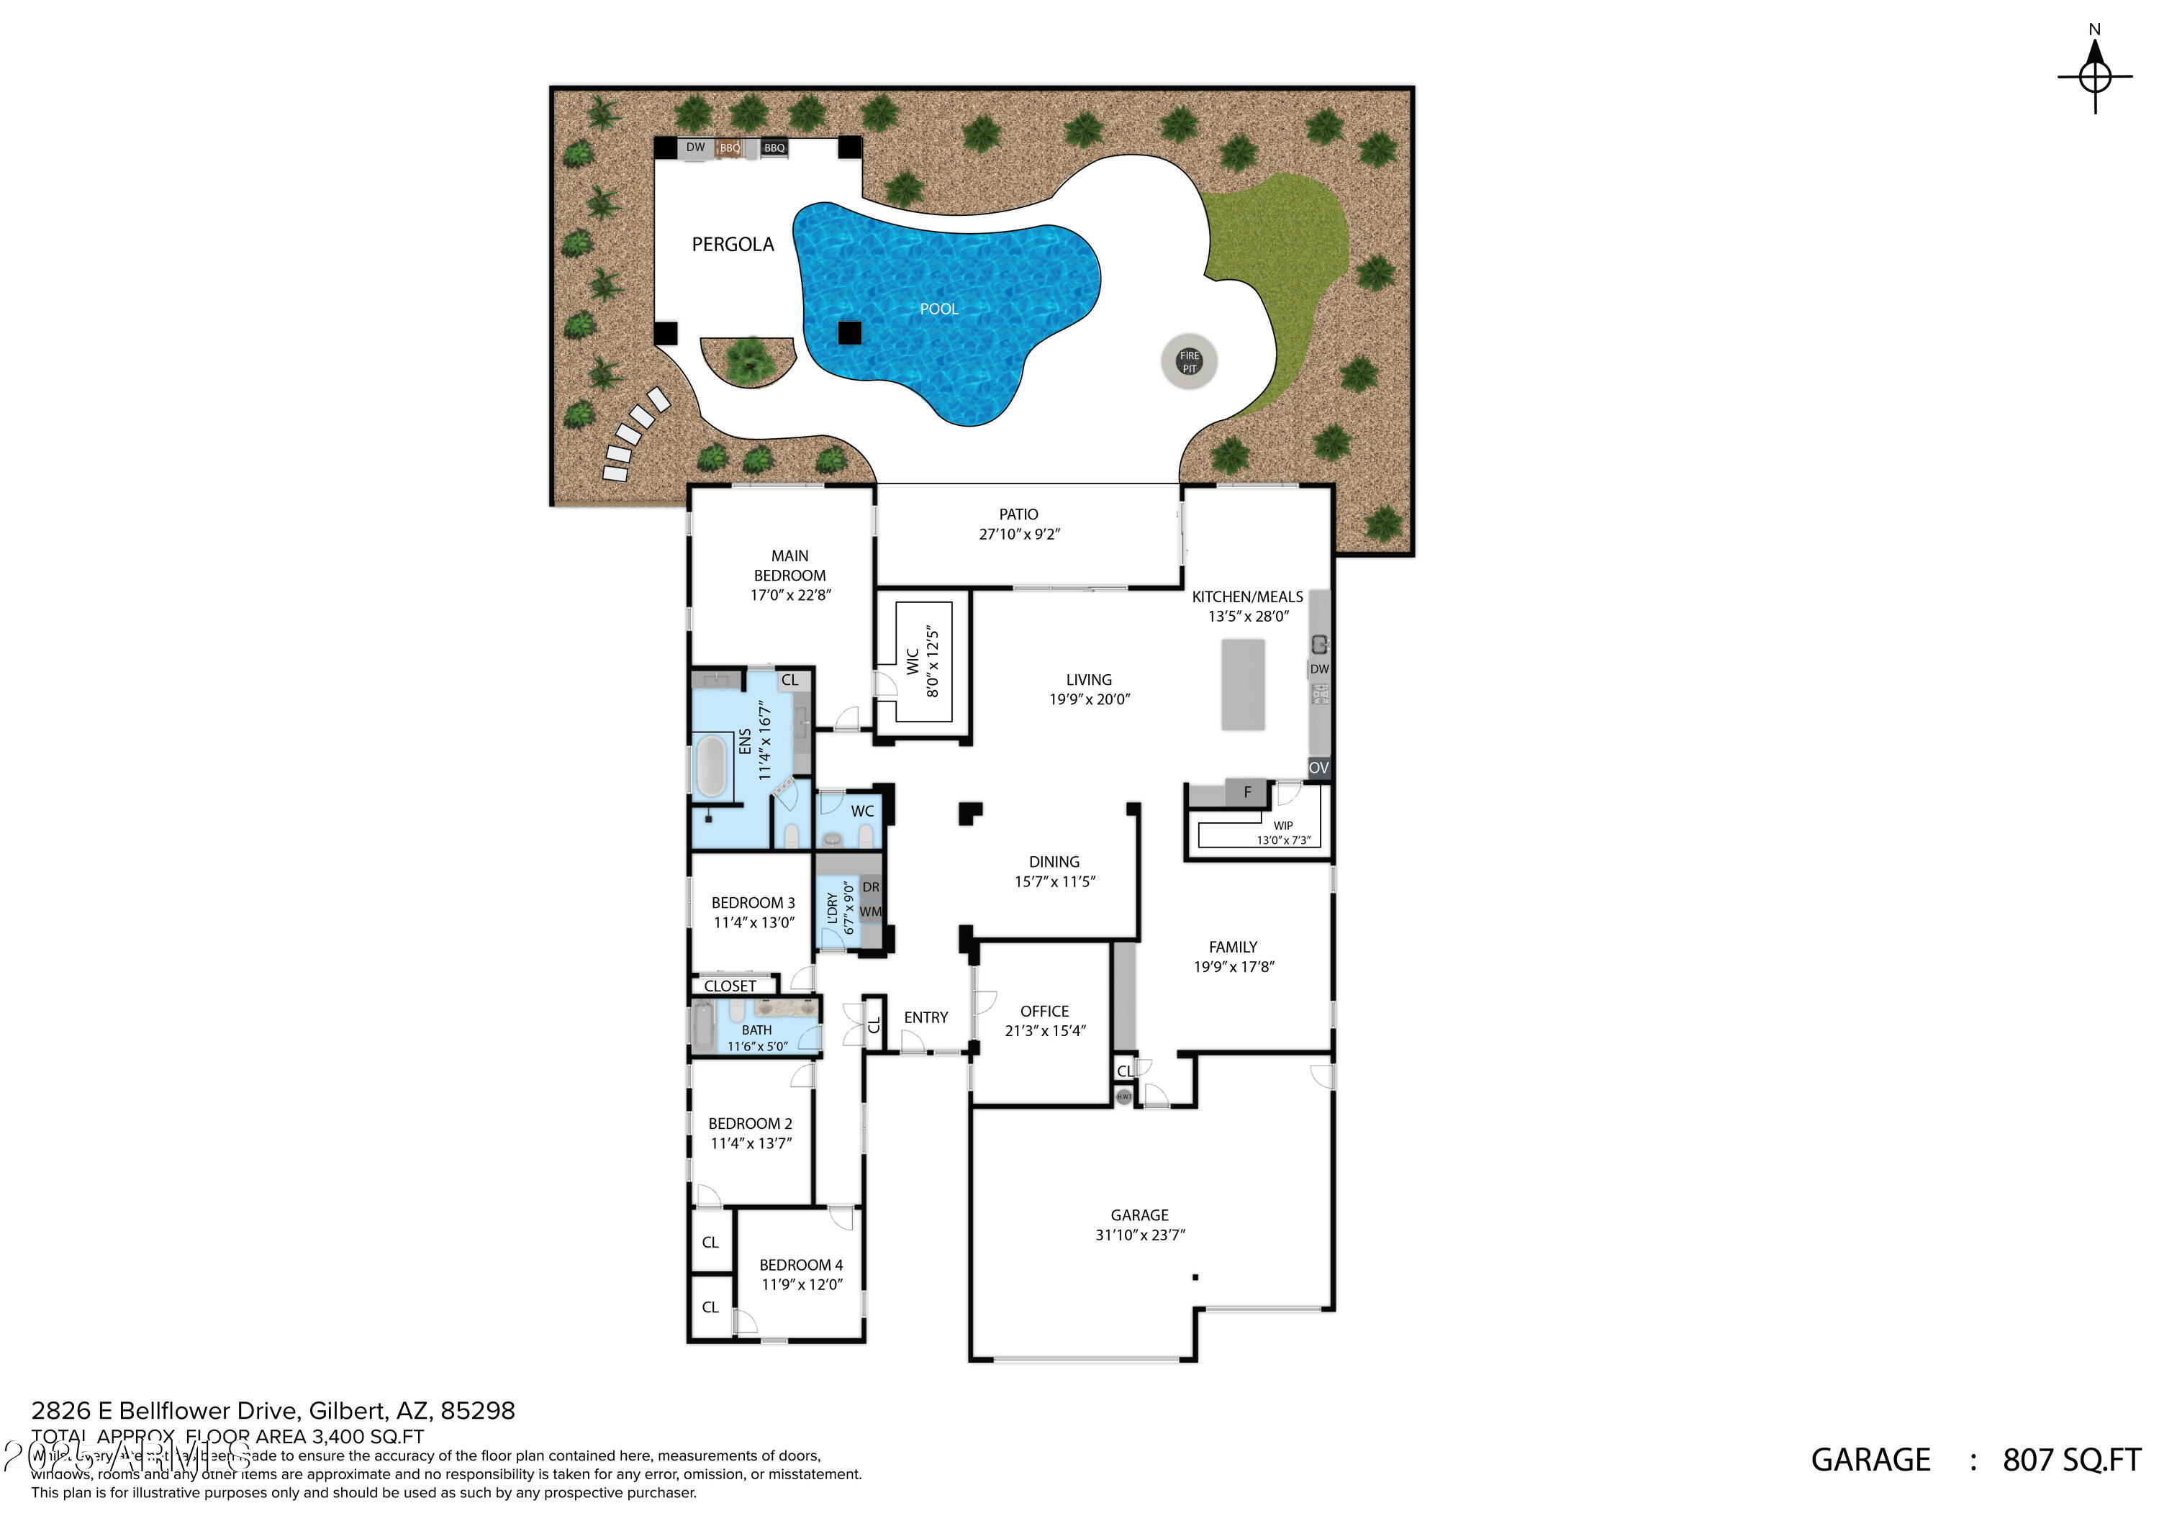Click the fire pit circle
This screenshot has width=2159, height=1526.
(x=1190, y=361)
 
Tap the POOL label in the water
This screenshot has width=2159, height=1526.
(x=938, y=309)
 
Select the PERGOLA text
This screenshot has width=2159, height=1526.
(x=733, y=245)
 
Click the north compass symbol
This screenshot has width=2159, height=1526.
(x=2094, y=76)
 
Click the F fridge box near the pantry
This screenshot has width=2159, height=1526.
(x=1247, y=791)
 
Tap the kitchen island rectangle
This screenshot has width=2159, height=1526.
(x=1242, y=684)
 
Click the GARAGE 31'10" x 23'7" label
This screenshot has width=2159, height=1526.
(x=1140, y=1225)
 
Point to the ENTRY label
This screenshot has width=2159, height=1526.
(x=925, y=1017)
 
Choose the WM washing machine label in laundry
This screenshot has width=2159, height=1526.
(x=871, y=911)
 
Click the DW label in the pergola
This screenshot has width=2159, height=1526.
(x=695, y=147)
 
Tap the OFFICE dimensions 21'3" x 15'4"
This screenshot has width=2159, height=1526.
(x=1045, y=1030)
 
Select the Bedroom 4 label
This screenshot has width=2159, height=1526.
(x=801, y=1265)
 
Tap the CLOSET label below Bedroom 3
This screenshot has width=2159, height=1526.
(x=730, y=986)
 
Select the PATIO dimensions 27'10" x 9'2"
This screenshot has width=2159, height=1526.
(x=1019, y=534)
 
